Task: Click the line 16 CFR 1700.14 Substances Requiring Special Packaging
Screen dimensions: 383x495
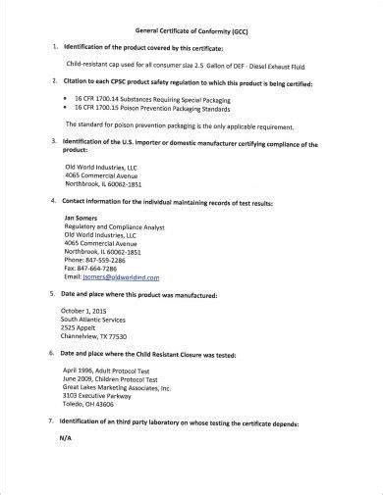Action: [x=156, y=99]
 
